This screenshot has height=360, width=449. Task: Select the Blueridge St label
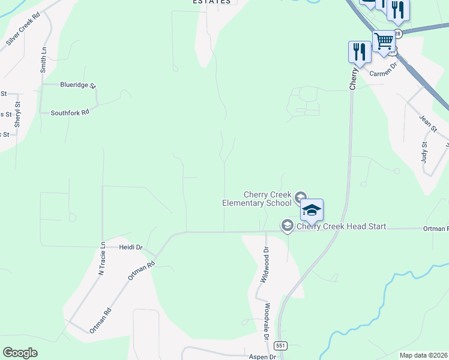[78, 85]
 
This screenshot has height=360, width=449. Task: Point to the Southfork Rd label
[70, 112]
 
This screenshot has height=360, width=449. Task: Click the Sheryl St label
[18, 114]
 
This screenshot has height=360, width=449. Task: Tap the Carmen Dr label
[384, 70]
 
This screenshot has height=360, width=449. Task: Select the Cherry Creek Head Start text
[341, 227]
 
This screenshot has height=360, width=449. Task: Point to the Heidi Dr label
[130, 247]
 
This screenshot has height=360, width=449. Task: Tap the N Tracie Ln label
[102, 258]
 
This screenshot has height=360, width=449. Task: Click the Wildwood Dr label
[263, 265]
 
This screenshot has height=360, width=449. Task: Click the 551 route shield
[280, 346]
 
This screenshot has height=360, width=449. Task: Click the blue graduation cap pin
[312, 210]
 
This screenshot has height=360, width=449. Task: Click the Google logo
[20, 353]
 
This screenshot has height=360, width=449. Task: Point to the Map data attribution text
[423, 355]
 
